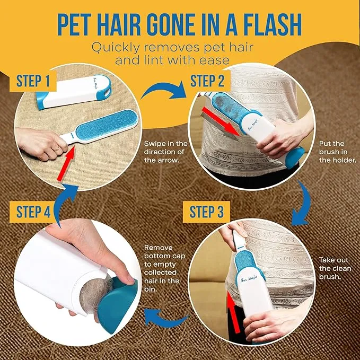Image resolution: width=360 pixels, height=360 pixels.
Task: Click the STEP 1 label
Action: coord(33,81)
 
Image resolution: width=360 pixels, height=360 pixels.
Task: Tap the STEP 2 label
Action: coord(207,81)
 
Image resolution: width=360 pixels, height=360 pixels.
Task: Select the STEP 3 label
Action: coord(206,212)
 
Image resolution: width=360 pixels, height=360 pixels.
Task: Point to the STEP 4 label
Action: coord(33,212)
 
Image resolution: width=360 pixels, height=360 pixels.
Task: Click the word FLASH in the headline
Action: coord(272,24)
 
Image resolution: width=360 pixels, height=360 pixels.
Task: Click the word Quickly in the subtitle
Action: coord(116,48)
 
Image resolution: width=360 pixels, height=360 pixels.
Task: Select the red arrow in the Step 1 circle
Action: coord(66,163)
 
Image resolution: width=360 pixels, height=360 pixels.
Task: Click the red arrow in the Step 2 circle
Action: coord(221,122)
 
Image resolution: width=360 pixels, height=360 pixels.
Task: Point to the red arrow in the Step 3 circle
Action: coord(233,312)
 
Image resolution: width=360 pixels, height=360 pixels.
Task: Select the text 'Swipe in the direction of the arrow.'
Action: coord(166,152)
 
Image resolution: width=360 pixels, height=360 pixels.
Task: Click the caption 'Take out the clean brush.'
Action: coord(335,268)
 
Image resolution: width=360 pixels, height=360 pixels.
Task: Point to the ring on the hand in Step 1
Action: coord(57,149)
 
